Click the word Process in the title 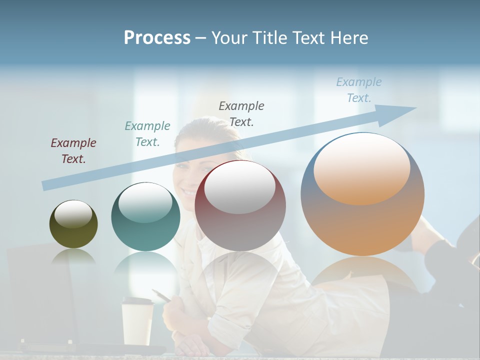click(x=157, y=38)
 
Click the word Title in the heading click(x=269, y=38)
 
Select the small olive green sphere click(x=73, y=224)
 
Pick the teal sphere click(x=145, y=217)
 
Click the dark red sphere click(x=240, y=206)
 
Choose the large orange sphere click(x=362, y=194)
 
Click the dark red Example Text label click(x=73, y=151)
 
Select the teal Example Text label click(x=147, y=134)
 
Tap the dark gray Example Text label click(x=241, y=113)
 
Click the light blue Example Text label click(x=359, y=90)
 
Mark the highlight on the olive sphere click(x=73, y=214)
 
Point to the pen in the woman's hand click(x=161, y=295)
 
